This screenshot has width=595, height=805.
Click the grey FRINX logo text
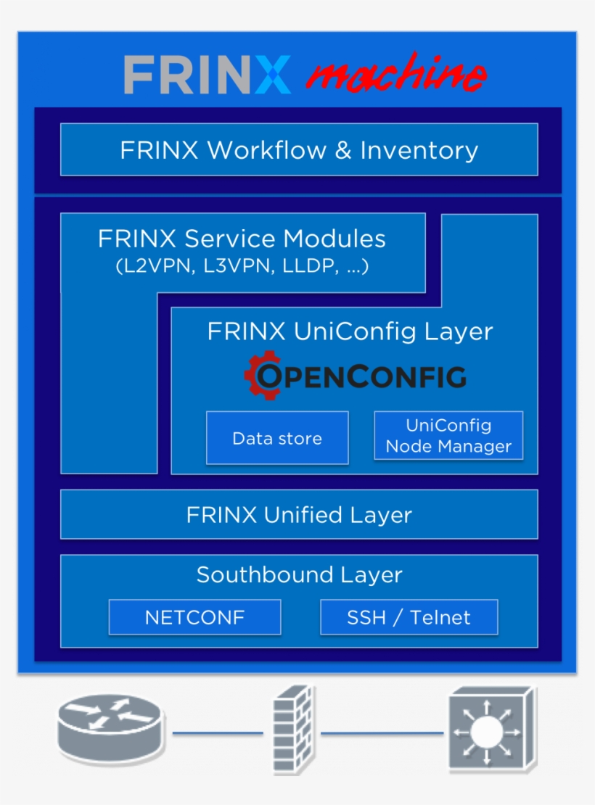click(x=207, y=74)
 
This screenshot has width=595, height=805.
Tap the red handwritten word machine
click(x=395, y=74)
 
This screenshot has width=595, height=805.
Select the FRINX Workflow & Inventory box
click(x=298, y=149)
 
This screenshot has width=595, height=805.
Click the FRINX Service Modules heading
click(x=242, y=239)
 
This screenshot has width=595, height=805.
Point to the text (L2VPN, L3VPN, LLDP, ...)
click(x=242, y=266)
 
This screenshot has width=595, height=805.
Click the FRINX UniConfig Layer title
click(x=350, y=331)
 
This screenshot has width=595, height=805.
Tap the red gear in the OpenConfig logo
click(x=260, y=375)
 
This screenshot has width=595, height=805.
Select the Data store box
click(x=277, y=438)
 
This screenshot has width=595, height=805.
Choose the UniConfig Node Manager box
click(x=448, y=436)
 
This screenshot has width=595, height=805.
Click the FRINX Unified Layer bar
click(x=298, y=515)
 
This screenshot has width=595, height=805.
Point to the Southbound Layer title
click(x=299, y=575)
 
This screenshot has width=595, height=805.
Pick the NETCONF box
click(x=194, y=617)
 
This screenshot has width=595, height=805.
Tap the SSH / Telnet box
click(x=409, y=617)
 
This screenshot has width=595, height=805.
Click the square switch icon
click(x=491, y=730)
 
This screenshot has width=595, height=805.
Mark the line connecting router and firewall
click(x=218, y=733)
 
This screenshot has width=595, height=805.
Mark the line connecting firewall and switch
click(x=382, y=733)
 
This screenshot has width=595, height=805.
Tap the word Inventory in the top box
click(x=419, y=150)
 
